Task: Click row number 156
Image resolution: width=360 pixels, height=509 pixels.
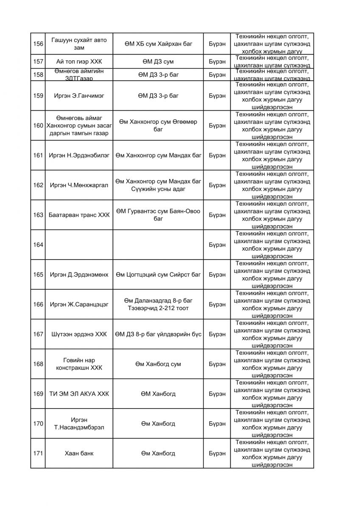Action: [38, 44]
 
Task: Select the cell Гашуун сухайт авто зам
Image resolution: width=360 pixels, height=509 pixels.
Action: [79, 44]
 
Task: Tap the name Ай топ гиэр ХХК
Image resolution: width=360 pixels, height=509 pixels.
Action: [79, 62]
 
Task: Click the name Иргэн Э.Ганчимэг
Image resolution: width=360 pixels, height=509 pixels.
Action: [79, 95]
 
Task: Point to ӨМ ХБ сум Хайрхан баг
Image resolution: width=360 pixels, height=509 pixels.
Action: [158, 44]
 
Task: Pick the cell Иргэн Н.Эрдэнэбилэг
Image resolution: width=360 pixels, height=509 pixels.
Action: [79, 155]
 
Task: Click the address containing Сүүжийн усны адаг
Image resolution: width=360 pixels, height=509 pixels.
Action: [158, 185]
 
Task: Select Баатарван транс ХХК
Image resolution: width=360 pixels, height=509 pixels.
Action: [79, 215]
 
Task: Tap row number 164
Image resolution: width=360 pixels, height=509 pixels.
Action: [38, 245]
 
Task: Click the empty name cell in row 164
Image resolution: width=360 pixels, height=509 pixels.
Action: [79, 245]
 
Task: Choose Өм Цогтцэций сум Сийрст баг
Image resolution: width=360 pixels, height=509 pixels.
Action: [158, 274]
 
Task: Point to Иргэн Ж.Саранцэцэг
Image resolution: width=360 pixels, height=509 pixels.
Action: [79, 304]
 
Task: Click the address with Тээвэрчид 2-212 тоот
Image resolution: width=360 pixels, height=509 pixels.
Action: [158, 304]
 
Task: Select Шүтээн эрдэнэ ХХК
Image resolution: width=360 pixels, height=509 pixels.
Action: [79, 334]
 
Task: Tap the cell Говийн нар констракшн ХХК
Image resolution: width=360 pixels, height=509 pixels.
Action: [79, 364]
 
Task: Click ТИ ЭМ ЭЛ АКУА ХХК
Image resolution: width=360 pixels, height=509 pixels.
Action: [79, 394]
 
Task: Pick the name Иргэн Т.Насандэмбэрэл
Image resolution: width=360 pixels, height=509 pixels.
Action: [79, 423]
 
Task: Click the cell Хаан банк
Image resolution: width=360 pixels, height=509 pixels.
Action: [79, 453]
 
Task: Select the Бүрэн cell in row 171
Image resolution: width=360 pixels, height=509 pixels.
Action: [217, 453]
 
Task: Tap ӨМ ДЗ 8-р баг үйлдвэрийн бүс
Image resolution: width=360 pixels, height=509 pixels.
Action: [158, 334]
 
